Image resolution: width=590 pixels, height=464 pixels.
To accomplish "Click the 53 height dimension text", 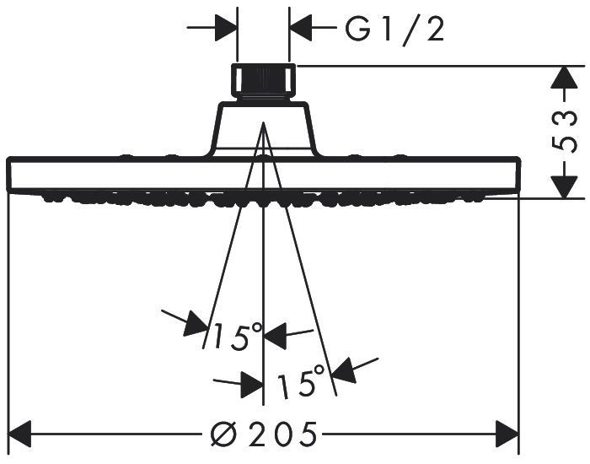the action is click(x=564, y=131).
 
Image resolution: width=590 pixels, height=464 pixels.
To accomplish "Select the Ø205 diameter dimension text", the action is click(x=264, y=434).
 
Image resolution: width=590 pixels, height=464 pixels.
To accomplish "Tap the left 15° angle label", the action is click(x=237, y=335).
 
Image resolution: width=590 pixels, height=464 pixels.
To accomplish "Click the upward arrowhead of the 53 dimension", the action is click(x=564, y=78).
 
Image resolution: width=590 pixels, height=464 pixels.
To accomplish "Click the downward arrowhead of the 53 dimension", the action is click(x=564, y=186).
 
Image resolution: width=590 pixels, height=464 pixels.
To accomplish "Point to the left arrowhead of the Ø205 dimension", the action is click(x=19, y=434).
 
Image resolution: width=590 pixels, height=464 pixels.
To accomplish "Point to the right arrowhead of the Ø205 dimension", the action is click(x=507, y=434).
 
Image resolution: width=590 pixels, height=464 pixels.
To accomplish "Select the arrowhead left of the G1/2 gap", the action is click(x=227, y=28).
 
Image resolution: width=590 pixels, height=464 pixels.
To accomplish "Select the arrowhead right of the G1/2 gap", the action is click(x=301, y=28).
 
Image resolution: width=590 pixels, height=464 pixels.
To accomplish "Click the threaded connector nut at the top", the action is click(x=263, y=82).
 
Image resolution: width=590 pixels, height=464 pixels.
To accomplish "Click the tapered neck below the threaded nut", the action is click(x=264, y=128).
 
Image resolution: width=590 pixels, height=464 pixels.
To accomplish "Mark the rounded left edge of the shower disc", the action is click(x=10, y=174).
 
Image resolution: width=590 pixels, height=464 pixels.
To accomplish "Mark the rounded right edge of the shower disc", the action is click(x=518, y=174).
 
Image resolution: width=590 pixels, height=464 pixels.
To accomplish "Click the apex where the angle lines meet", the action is click(x=263, y=122).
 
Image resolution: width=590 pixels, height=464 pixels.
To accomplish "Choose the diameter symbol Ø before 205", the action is click(x=224, y=434).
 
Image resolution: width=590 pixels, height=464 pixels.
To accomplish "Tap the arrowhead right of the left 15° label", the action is click(x=276, y=336).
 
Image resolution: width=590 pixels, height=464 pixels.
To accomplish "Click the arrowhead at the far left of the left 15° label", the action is click(x=196, y=324).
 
